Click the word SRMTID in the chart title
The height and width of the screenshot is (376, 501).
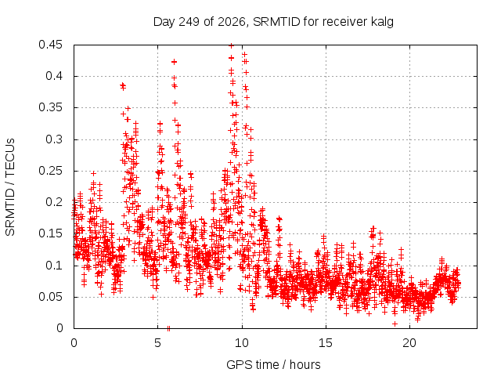point(276,22)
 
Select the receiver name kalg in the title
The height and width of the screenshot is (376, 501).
point(382,23)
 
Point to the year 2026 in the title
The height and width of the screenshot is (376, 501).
point(232,22)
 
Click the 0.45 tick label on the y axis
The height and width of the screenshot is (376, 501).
point(50,45)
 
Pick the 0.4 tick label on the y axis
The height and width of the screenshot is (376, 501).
point(54,76)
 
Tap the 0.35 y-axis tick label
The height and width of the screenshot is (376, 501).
point(50,107)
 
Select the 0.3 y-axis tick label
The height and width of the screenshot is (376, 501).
point(54,139)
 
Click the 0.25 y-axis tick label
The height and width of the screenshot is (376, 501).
point(50,171)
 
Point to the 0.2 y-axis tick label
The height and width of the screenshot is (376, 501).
point(54,202)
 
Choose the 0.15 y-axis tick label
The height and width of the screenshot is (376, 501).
point(50,233)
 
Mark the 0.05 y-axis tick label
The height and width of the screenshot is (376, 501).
point(50,297)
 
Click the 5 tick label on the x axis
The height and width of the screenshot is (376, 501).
point(157,343)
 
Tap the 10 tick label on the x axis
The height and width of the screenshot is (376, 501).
point(242,343)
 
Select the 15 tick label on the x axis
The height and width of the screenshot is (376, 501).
point(326,343)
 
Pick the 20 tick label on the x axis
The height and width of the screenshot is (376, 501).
point(409,343)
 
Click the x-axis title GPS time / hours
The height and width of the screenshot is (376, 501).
point(273,365)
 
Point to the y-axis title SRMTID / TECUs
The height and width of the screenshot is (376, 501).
point(10,187)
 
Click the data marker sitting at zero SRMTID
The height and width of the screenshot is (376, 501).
point(169,328)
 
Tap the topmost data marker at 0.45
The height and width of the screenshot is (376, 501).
point(232,45)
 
